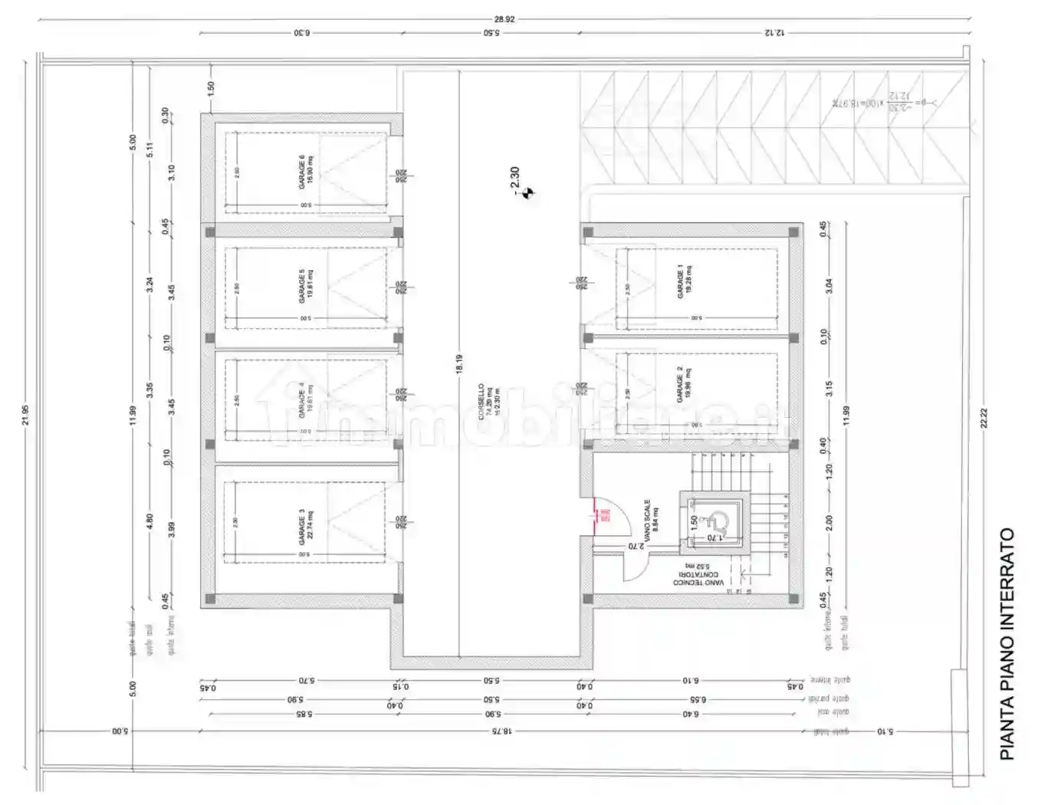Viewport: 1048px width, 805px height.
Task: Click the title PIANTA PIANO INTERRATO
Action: (x=1007, y=644)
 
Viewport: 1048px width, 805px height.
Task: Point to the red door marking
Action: (x=596, y=514)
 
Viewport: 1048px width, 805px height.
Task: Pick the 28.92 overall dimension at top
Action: (x=504, y=19)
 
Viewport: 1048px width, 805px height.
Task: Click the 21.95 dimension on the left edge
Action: (x=25, y=415)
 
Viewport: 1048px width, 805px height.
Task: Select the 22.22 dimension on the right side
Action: (x=984, y=418)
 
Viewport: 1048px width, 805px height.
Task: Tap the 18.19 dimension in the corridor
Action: (x=458, y=363)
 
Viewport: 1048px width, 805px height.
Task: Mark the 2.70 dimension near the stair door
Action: (x=636, y=546)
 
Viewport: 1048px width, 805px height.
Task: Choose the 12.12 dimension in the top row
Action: (x=774, y=33)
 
